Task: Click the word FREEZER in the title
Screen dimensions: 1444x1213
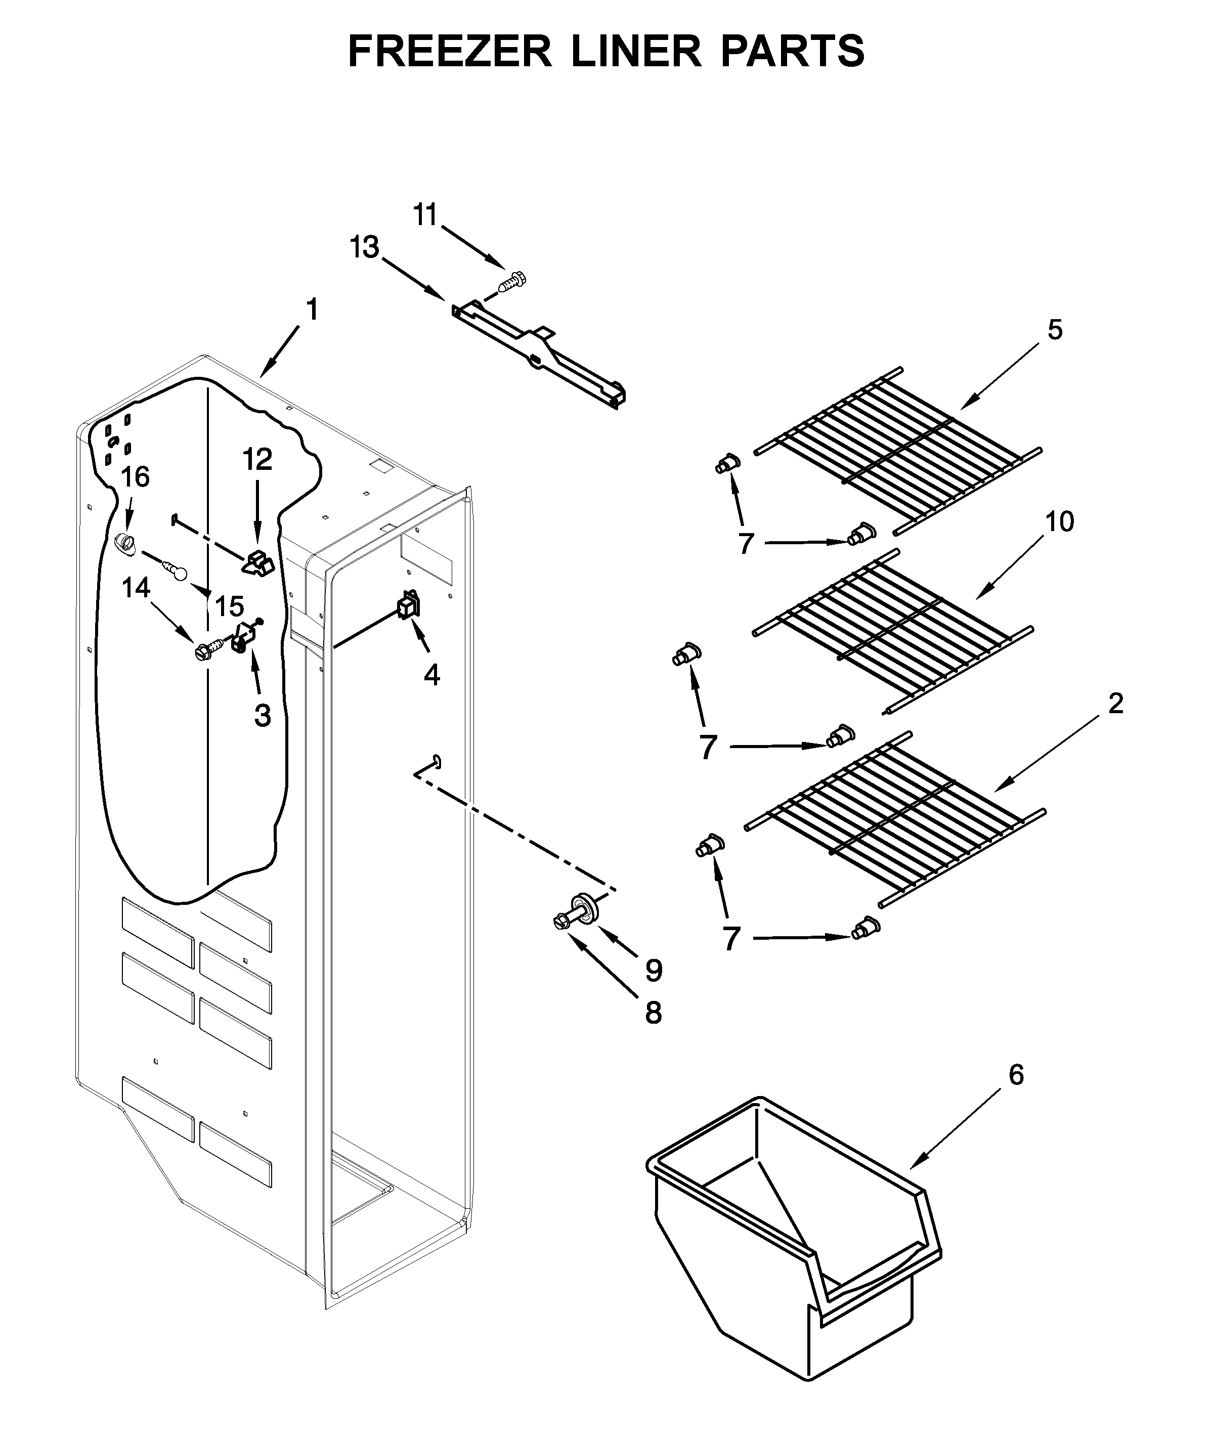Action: (450, 52)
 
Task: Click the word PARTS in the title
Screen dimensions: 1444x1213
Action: (793, 52)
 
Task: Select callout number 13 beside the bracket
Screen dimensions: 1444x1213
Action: (364, 247)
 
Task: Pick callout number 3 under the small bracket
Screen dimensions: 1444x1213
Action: (262, 716)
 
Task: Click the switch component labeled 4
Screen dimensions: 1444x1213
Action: (407, 604)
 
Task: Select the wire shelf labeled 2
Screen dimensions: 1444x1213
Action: (894, 818)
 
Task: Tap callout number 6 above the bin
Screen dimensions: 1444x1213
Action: (1016, 1074)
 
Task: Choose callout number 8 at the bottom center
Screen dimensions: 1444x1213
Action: (653, 1013)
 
